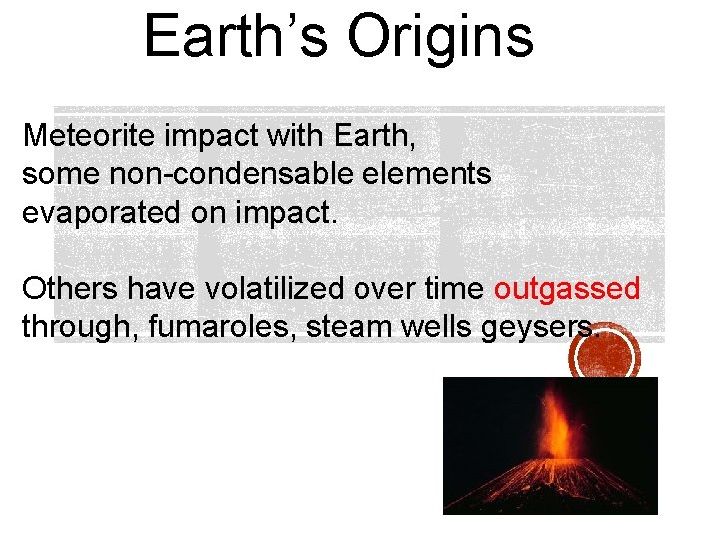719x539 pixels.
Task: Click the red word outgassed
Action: (566, 289)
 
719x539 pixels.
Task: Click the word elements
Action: (431, 174)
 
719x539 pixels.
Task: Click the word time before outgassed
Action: (455, 289)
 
